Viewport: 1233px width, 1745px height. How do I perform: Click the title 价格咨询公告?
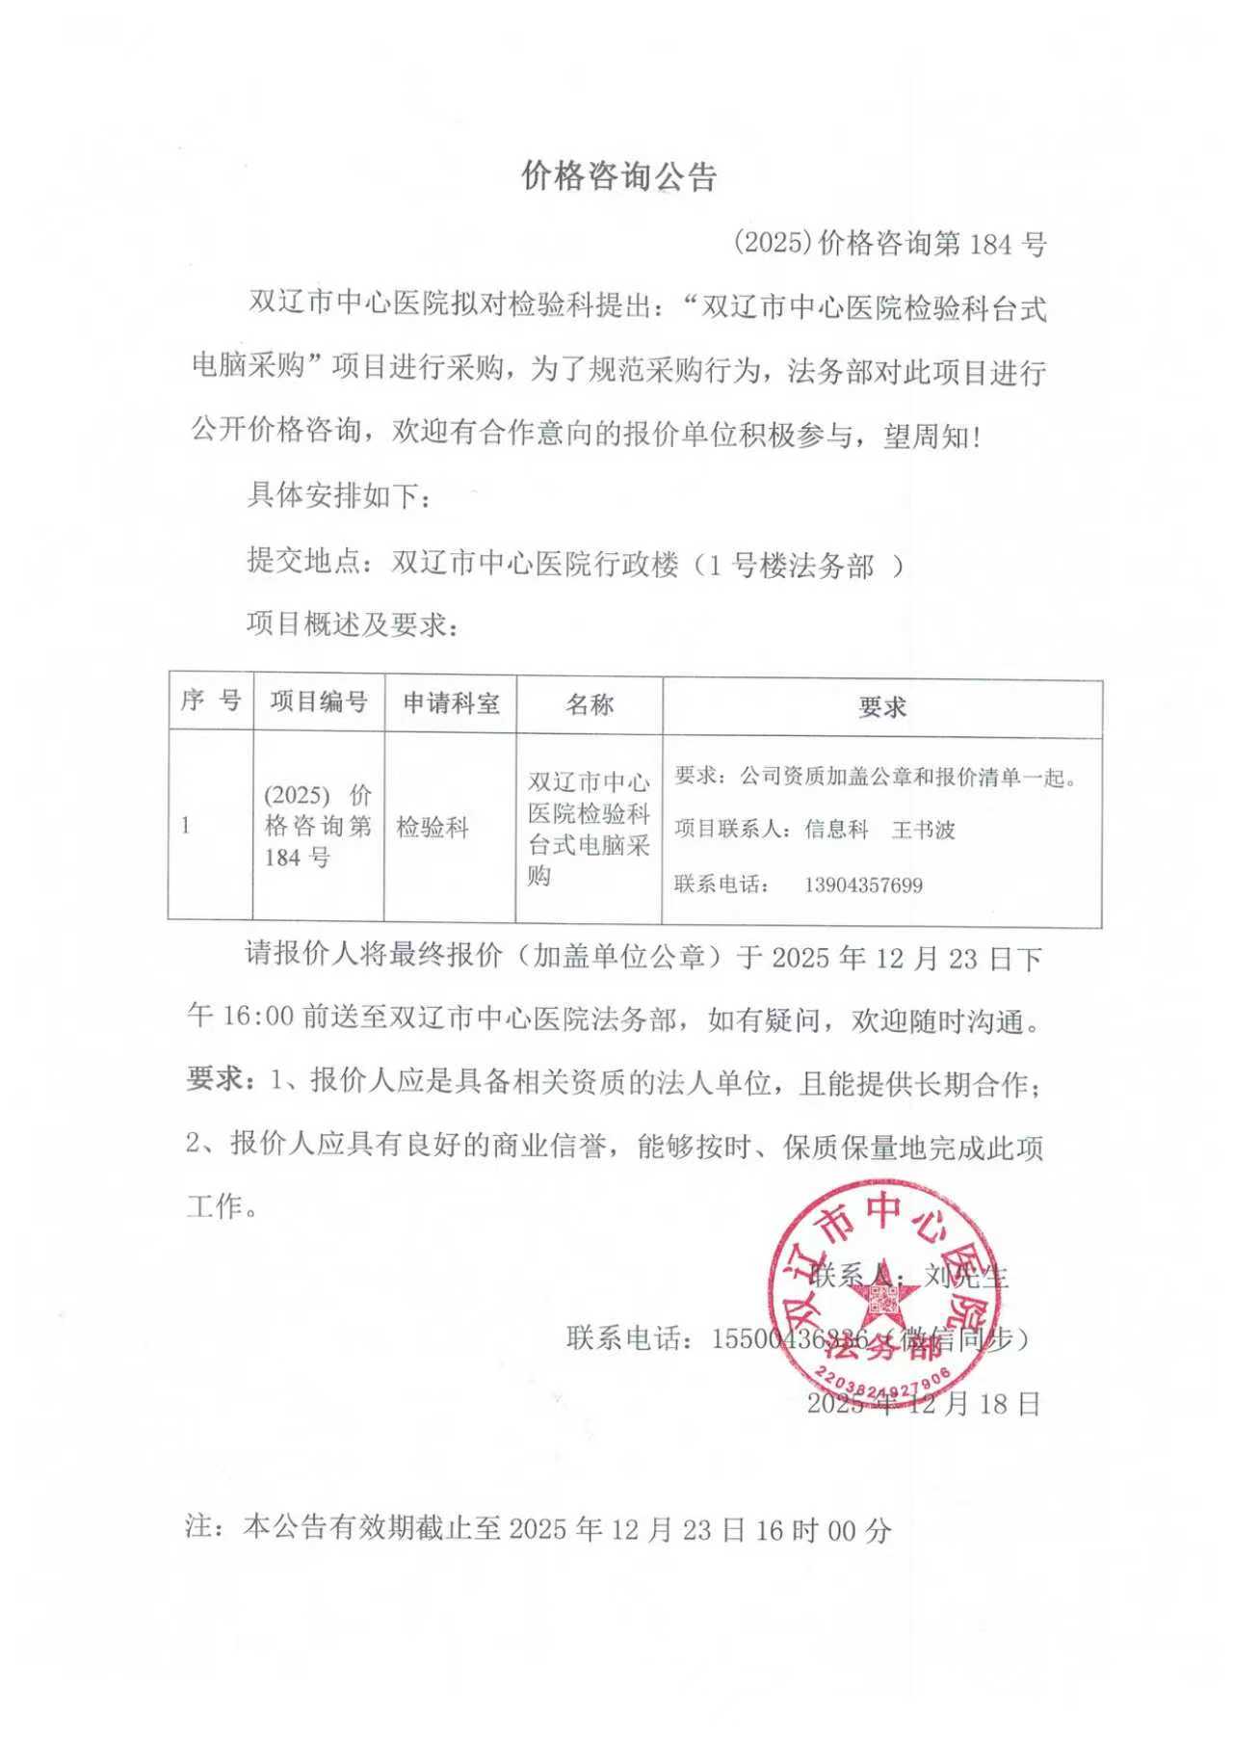click(618, 177)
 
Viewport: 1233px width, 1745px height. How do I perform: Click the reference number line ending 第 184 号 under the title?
click(889, 244)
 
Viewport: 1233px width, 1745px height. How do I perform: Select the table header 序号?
click(210, 701)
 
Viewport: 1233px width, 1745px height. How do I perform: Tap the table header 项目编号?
click(319, 701)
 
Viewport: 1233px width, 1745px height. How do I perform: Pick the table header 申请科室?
click(451, 703)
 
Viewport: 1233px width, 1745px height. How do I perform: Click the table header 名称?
click(590, 704)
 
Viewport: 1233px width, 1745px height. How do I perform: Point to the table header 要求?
click(881, 707)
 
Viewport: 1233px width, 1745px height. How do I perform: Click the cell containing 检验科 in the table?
click(433, 827)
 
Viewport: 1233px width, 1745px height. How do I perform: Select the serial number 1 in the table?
click(185, 827)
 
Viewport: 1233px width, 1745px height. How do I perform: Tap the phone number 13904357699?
click(863, 885)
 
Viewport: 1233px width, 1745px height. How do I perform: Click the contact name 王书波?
click(923, 830)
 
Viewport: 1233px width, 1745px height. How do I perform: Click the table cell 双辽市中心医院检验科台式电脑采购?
click(589, 828)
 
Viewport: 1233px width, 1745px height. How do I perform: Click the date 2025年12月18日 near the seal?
click(923, 1404)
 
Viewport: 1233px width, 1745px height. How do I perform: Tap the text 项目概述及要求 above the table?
click(353, 624)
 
